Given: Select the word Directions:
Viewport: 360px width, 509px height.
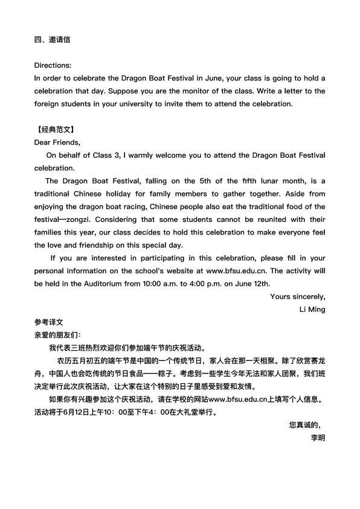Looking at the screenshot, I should pyautogui.click(x=53, y=65).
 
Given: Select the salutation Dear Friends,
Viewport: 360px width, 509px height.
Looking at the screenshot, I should pyautogui.click(x=57, y=143).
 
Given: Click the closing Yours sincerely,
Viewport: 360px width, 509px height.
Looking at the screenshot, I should pyautogui.click(x=297, y=296).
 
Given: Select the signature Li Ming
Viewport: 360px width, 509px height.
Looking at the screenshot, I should pyautogui.click(x=312, y=310).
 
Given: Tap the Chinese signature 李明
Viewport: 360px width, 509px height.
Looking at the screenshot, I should pyautogui.click(x=318, y=437).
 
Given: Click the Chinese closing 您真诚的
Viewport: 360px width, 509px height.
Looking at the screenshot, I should pyautogui.click(x=306, y=424).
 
